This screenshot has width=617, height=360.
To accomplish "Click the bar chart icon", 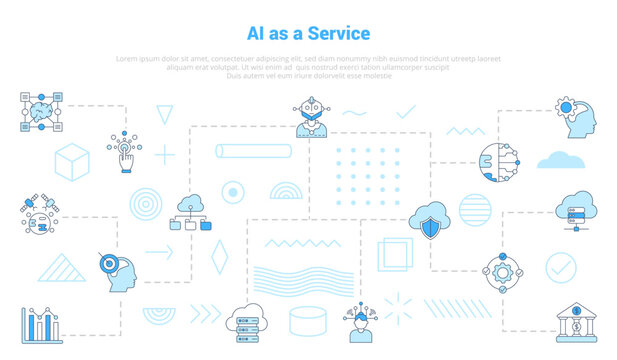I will coord(43,324).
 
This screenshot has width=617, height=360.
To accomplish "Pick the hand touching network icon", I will coord(126,153).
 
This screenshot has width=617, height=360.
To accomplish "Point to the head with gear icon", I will coord(578,119).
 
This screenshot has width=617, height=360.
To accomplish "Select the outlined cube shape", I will coord(72,161).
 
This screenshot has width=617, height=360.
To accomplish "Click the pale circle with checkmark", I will coord(560,267).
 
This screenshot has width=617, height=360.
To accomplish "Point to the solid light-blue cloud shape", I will coord(560,159).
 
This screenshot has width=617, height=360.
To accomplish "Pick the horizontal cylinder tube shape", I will coord(253,151).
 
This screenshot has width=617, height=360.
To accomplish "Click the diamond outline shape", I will coord(218,257).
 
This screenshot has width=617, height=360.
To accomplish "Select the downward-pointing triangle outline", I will coord(164,114).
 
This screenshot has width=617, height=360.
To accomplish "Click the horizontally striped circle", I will coord(475,209).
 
